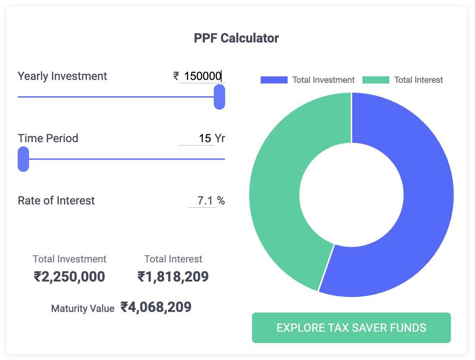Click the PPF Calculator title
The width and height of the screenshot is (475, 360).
[x=236, y=38]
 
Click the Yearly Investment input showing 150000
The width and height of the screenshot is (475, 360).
[x=202, y=76]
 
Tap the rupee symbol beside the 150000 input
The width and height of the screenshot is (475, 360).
[x=176, y=76]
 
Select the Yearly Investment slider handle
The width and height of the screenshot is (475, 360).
[x=219, y=97]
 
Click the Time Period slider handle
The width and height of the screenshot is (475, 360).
[x=23, y=159]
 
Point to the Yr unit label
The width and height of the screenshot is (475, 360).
[x=220, y=138]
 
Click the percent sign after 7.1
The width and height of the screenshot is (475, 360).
[x=221, y=201]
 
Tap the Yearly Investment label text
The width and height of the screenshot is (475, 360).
[x=62, y=76]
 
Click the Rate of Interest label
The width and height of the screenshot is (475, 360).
[x=56, y=201]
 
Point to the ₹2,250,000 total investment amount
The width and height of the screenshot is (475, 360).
[x=69, y=277]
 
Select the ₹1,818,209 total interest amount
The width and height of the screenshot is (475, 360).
[x=173, y=277]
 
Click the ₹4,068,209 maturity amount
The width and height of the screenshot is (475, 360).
[x=156, y=307]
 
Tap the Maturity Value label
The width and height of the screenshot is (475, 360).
[x=83, y=308]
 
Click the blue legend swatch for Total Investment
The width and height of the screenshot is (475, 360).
[x=274, y=80]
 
